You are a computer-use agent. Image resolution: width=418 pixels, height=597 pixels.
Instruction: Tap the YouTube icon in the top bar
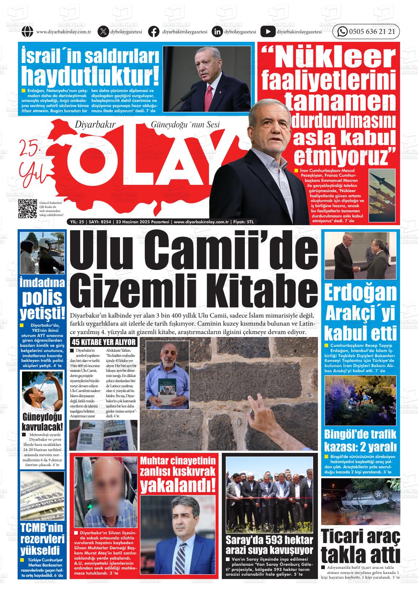point(268,32)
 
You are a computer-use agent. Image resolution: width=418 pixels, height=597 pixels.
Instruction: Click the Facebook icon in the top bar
point(154,32)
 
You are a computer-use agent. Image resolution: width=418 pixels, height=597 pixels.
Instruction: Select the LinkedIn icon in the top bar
point(217,32)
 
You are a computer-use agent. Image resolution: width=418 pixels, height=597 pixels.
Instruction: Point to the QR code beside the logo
point(28,209)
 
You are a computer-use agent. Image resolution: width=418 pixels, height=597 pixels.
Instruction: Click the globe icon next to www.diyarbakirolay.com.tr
point(27,32)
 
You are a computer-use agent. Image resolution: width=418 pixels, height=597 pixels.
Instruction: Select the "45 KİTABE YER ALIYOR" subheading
point(104,343)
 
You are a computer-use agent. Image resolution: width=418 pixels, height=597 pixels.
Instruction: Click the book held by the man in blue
point(167,391)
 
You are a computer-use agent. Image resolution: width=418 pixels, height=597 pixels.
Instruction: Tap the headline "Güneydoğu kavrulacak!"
point(42,422)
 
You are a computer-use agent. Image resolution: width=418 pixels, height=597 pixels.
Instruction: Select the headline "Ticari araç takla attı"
point(360,546)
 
